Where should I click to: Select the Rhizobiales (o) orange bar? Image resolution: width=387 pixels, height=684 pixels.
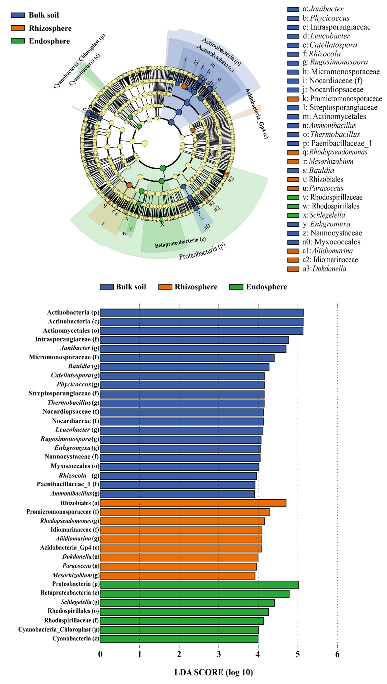[x=193, y=503]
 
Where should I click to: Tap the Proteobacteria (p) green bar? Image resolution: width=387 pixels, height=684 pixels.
[x=199, y=584]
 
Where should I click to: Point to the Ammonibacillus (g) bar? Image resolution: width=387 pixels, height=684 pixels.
[x=177, y=494]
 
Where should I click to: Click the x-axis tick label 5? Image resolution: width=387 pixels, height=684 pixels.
[x=298, y=654]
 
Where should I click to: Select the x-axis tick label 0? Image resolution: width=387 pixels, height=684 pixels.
[x=100, y=654]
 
